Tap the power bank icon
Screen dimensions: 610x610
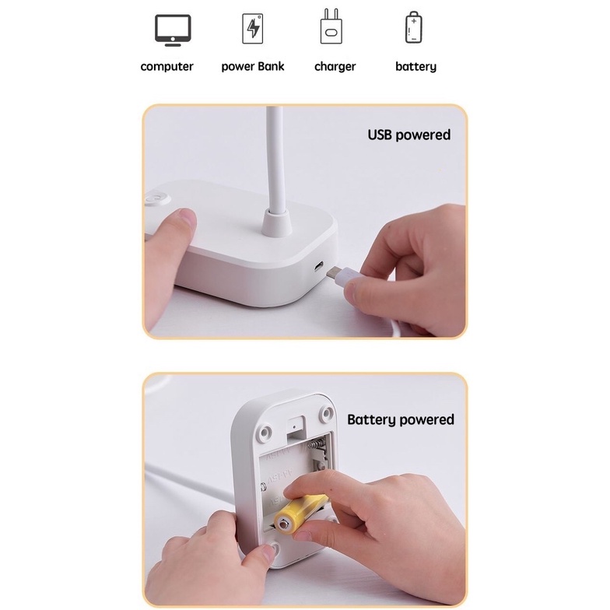(x=252, y=29)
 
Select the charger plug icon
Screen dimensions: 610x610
(x=331, y=27)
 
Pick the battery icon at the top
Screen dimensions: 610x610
(x=413, y=28)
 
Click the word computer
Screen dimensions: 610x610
(x=167, y=67)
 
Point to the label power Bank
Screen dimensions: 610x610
(x=252, y=67)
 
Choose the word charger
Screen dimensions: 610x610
(x=335, y=67)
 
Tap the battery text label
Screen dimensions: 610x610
(x=415, y=67)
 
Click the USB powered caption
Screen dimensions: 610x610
(x=408, y=135)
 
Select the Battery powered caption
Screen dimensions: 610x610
(x=400, y=420)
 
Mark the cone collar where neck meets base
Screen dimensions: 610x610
(x=277, y=223)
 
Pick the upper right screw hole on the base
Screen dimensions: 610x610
(x=328, y=412)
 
